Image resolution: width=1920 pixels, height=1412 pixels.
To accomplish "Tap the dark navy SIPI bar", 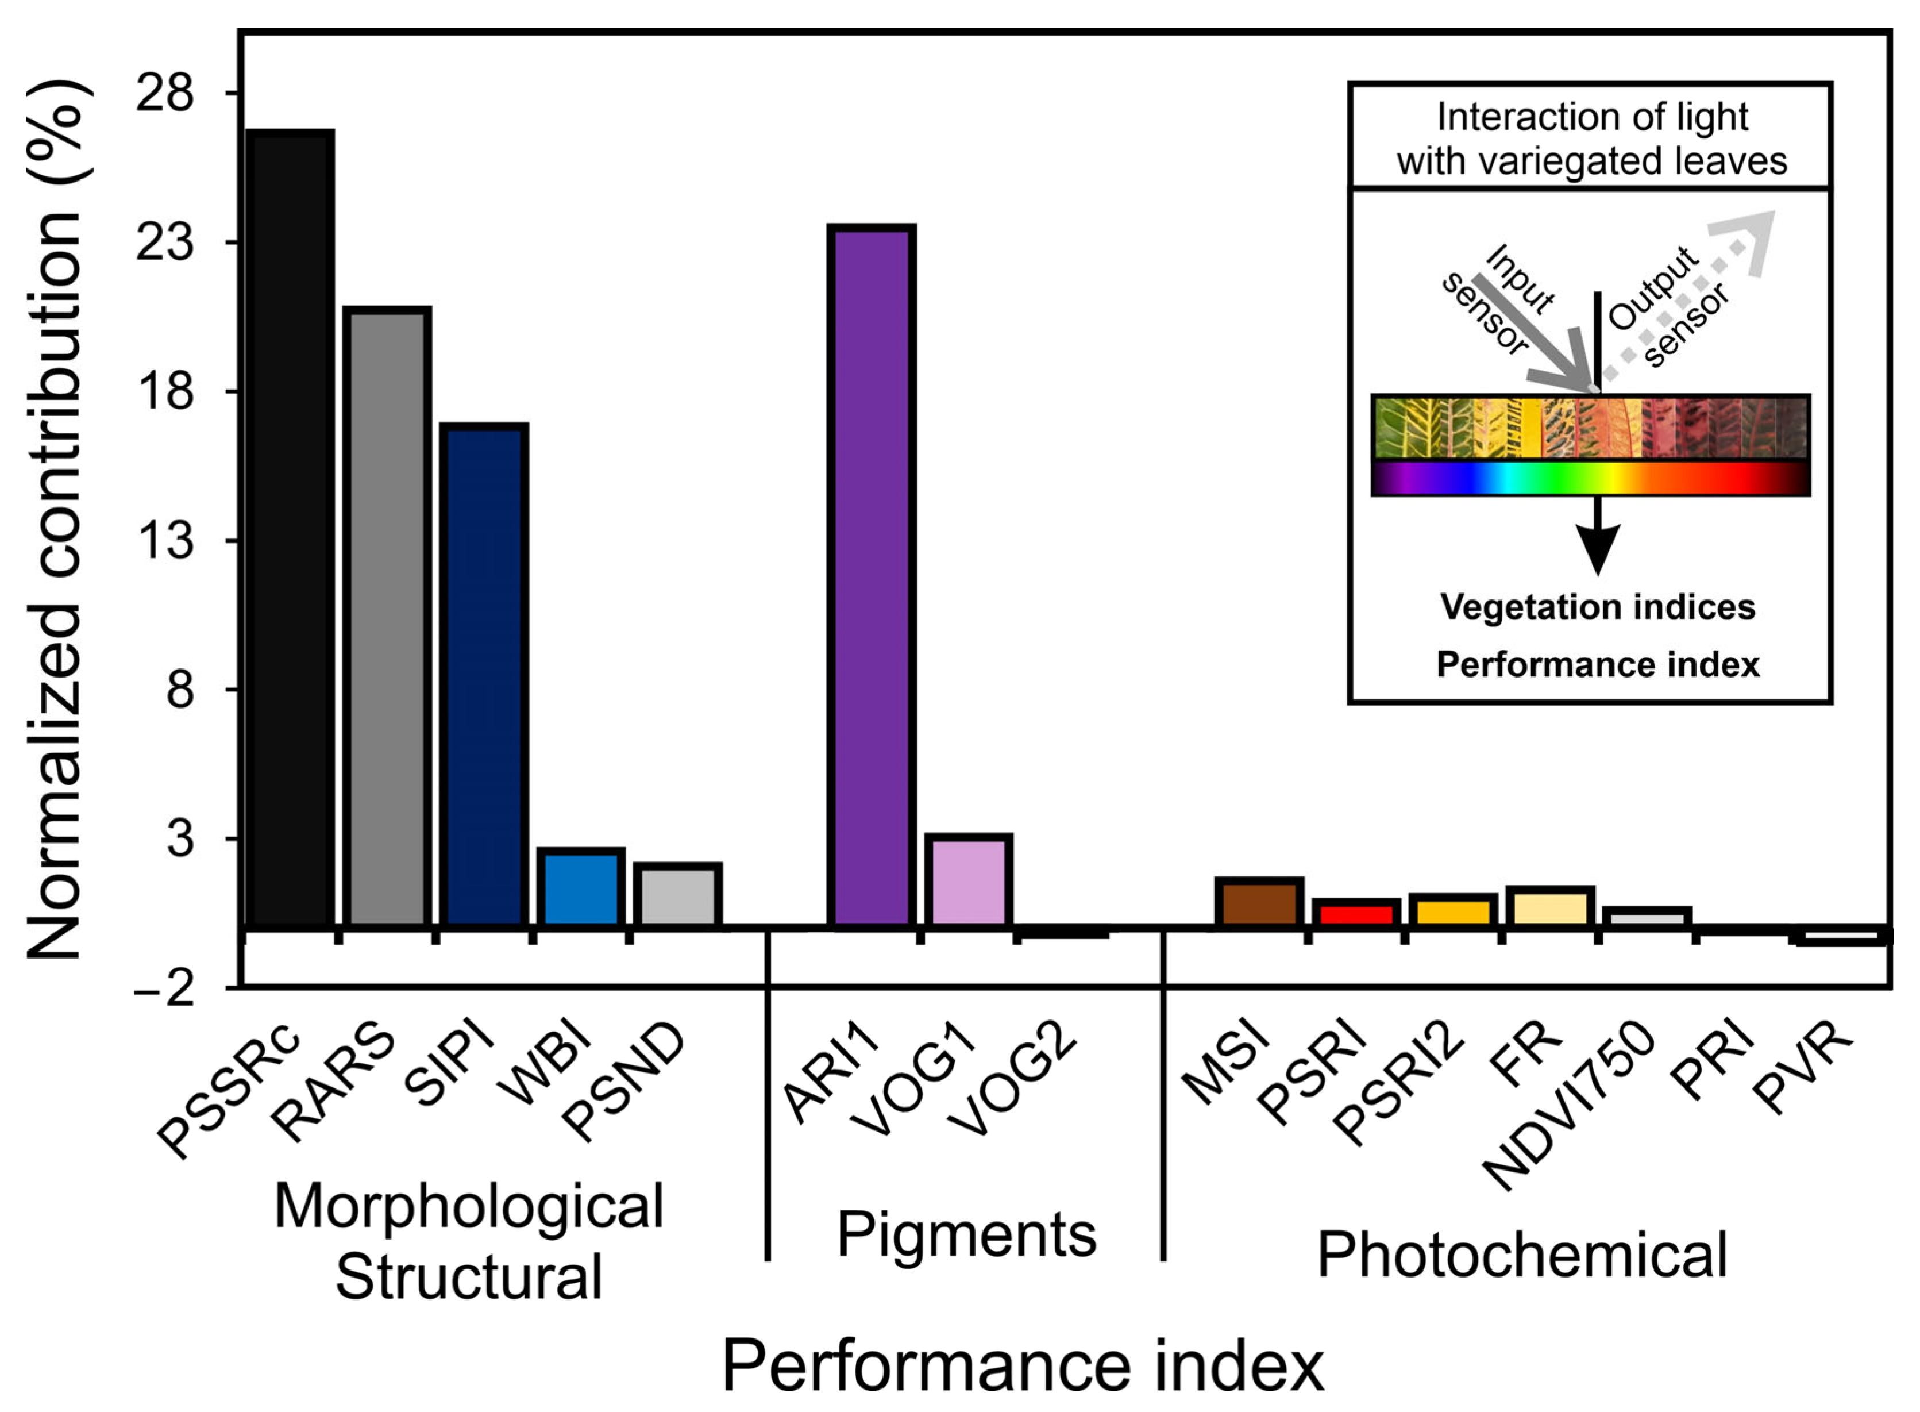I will (484, 675).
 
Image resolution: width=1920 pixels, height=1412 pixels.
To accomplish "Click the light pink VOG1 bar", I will (968, 881).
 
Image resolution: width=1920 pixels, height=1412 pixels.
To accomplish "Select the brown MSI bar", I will (1259, 903).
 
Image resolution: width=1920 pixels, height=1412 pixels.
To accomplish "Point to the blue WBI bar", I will (580, 888).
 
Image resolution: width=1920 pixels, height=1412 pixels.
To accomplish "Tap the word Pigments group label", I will (966, 1234).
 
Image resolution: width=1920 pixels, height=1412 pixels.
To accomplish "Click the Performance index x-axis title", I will (1023, 1366).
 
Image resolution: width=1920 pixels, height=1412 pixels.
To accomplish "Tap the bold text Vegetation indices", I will (1597, 607).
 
